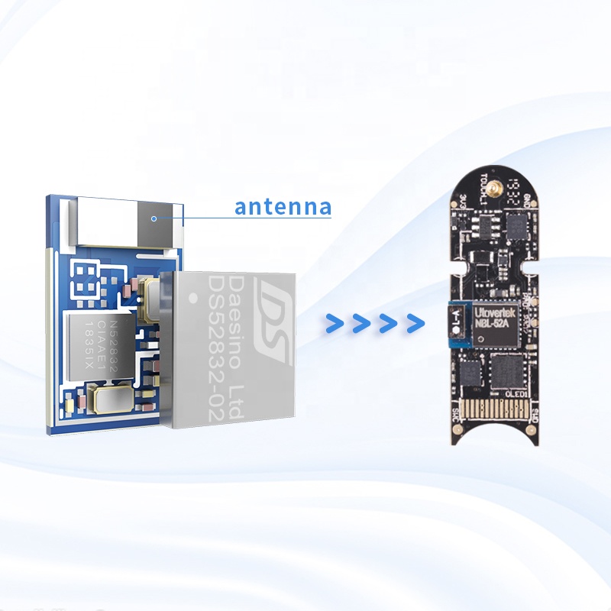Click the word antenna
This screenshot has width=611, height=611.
[x=283, y=207]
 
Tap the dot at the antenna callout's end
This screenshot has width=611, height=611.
[x=154, y=218]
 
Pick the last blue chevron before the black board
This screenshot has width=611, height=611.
[x=415, y=323]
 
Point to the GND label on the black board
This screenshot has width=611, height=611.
[x=528, y=202]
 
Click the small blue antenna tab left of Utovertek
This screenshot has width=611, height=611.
[x=457, y=323]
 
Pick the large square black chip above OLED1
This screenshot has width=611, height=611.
[x=505, y=370]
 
